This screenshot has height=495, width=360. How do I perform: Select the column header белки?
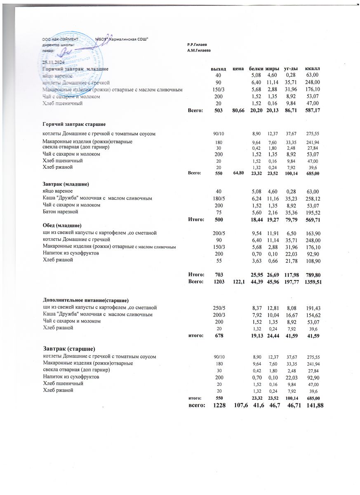[256, 68]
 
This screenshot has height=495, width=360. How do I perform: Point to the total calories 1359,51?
[312, 282]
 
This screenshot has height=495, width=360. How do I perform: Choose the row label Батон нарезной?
[61, 212]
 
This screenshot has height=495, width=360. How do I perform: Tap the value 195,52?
[312, 212]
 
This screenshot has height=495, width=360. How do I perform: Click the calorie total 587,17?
[312, 110]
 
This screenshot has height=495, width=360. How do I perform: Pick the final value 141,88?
[313, 407]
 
